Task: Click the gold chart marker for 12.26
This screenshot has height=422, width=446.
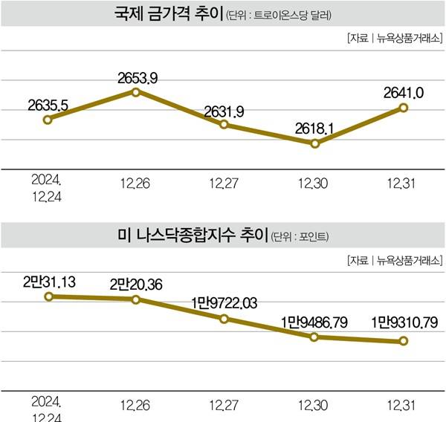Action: coord(136,91)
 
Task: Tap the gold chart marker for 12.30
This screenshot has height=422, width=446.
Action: coord(314,143)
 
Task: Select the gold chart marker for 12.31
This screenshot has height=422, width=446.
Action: coord(404,108)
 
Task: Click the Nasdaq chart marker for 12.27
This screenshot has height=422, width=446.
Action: coord(225,319)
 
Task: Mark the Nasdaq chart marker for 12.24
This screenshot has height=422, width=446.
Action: coord(48,296)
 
